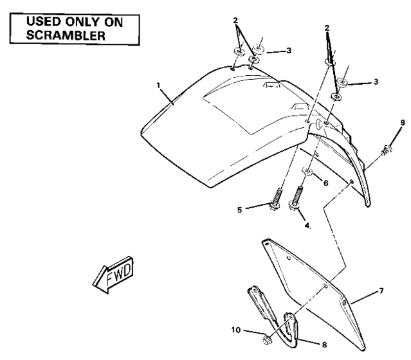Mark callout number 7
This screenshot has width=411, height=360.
(382, 291)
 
